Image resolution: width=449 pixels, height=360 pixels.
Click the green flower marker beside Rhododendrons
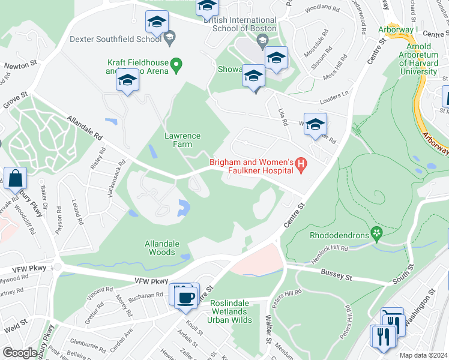tap(376, 231)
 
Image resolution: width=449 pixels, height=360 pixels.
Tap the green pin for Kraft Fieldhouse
tap(176, 64)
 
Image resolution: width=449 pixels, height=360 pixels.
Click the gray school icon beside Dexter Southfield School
tap(169, 38)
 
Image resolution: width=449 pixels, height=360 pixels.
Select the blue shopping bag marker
tap(14, 178)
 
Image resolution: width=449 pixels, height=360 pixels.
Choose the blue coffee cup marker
tap(186, 296)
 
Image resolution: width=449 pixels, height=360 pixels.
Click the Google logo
tap(20, 353)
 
